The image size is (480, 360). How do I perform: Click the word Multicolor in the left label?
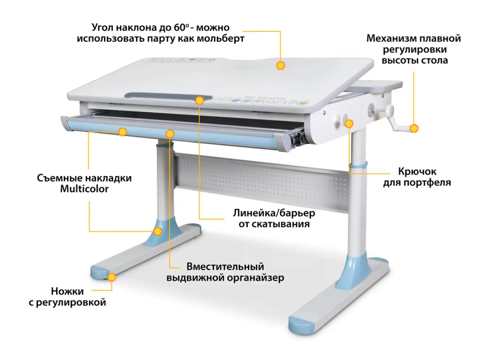(x=84, y=189)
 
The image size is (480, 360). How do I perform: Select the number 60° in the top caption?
(x=181, y=28)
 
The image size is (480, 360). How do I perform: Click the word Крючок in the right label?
(x=417, y=171)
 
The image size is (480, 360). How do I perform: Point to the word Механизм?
(x=392, y=38)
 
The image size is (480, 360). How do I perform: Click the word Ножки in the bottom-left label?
(x=67, y=291)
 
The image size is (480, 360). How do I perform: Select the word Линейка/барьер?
(x=274, y=213)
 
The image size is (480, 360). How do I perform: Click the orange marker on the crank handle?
(x=414, y=128)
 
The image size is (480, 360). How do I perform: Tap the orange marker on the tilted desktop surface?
(x=280, y=66)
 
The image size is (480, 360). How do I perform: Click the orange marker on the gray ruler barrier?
(x=199, y=100)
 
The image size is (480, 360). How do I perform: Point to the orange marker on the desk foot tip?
(x=112, y=277)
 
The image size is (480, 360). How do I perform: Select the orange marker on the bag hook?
(x=348, y=124)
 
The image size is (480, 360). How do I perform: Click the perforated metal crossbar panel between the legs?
(x=261, y=181)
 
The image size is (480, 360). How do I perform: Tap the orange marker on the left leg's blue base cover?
(x=158, y=231)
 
